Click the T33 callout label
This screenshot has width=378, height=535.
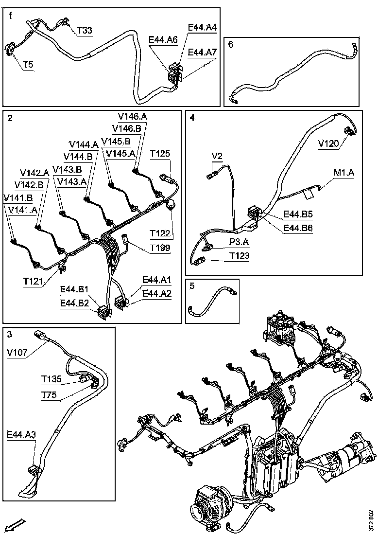coord(85,30)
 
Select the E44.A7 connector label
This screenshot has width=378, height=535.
coord(202,52)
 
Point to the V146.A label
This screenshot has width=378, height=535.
coord(132,116)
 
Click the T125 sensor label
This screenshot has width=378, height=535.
coord(160,154)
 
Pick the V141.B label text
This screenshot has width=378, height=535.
coord(18,198)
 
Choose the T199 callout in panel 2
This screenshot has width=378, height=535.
coord(160,248)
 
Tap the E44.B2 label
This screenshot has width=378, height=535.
coord(74,303)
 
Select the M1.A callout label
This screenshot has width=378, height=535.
coord(344,173)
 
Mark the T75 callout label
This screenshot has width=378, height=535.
coord(49,395)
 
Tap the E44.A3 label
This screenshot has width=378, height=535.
coord(21,434)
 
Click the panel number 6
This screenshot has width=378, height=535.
coord(230,44)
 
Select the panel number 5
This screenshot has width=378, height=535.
coord(192,286)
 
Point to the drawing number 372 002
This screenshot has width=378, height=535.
coord(371,520)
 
